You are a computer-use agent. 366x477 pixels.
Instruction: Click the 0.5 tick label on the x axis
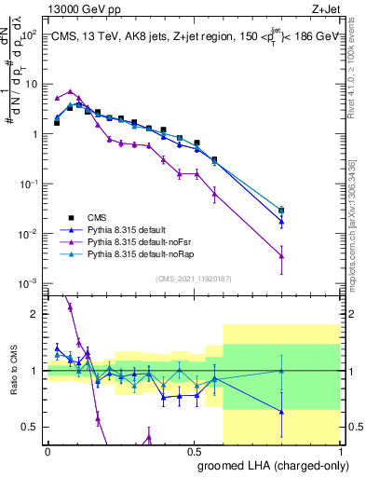point(194,451)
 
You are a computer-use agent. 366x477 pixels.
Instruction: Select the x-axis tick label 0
point(47,451)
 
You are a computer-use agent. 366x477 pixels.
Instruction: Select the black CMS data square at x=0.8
point(281,211)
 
